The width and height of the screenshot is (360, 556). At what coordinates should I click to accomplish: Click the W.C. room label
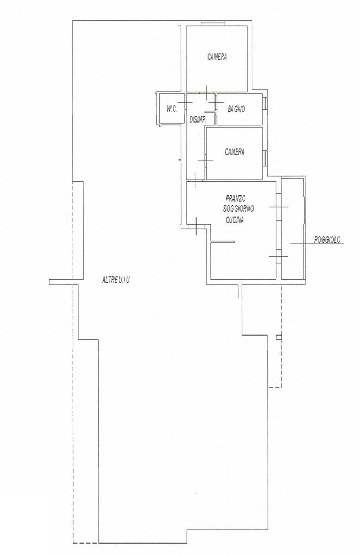tap(172, 109)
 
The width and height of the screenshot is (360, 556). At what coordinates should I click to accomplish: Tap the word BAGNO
tap(236, 109)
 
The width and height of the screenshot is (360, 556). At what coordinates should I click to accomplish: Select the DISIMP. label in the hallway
tap(198, 120)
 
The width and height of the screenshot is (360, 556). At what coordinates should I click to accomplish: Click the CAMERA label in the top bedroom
tap(217, 56)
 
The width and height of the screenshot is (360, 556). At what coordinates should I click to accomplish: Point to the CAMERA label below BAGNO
tap(235, 152)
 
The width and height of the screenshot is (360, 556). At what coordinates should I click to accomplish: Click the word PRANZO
tap(236, 198)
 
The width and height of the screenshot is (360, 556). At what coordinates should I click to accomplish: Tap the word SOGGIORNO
tap(238, 209)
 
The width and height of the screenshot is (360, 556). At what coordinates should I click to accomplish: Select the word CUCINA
tap(235, 220)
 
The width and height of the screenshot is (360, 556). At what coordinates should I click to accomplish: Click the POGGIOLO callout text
tap(327, 239)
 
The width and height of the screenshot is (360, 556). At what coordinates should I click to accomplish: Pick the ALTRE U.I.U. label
tap(117, 280)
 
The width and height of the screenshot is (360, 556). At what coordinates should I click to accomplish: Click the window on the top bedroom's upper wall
tap(213, 23)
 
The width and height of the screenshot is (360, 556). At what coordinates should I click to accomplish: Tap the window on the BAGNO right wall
tap(264, 103)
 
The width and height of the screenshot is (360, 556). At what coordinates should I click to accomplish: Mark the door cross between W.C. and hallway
tap(185, 103)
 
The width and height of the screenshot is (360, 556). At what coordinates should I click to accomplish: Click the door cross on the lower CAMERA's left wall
tap(205, 161)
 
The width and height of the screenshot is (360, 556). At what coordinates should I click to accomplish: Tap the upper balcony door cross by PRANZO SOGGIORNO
tap(279, 207)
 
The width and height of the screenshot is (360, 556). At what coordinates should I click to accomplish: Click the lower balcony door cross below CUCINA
tap(279, 256)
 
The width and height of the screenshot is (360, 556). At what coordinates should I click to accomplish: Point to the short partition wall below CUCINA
tap(223, 242)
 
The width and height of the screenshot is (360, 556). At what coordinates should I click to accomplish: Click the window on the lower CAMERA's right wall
tap(264, 158)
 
